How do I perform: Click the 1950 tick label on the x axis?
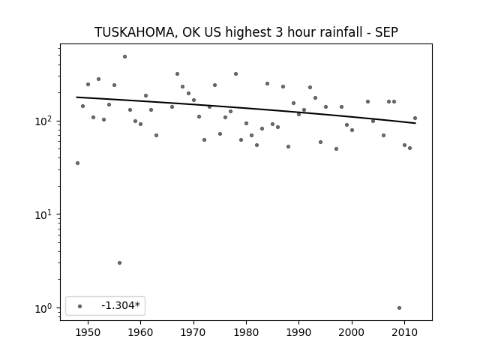tap(88, 332)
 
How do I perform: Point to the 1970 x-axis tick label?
tap(193, 332)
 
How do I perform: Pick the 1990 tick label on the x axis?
tap(299, 332)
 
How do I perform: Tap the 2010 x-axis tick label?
tap(405, 332)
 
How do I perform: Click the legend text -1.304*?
tap(121, 305)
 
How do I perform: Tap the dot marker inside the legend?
tap(80, 306)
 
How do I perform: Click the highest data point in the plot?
tap(125, 57)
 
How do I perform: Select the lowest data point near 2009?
tap(399, 308)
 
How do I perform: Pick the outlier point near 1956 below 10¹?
tap(120, 263)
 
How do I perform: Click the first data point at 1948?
tap(77, 163)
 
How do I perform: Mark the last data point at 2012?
tap(415, 118)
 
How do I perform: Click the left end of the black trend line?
tap(76, 97)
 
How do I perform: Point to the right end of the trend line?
tap(415, 123)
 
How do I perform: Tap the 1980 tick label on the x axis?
tap(246, 332)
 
